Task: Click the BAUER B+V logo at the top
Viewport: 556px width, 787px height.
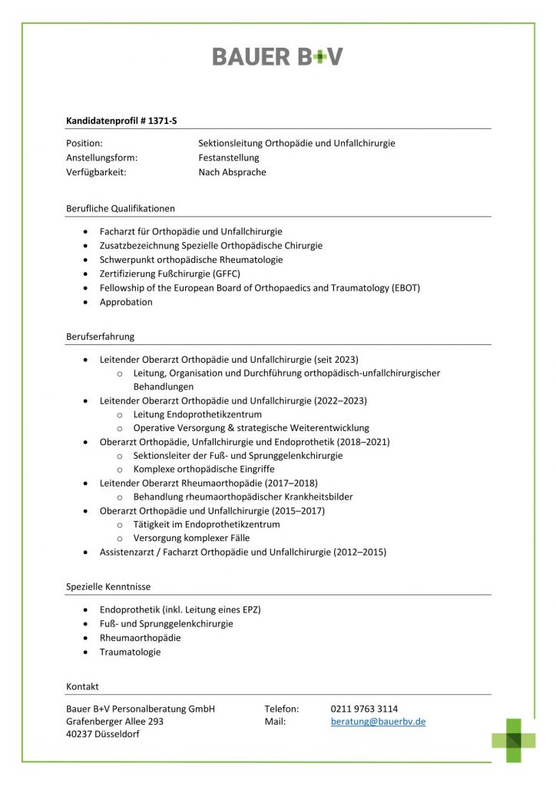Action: [277, 56]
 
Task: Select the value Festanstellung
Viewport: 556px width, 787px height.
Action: [229, 158]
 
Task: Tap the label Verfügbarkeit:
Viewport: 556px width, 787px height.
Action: [96, 172]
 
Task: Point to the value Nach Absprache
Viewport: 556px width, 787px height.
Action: [232, 172]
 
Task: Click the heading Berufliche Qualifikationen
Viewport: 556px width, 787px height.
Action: [121, 208]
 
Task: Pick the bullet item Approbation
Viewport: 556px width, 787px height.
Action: [126, 302]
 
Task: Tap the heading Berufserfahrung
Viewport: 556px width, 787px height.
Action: [101, 336]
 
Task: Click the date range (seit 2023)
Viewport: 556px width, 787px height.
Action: [336, 359]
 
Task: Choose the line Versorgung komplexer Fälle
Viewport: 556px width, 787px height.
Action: [191, 538]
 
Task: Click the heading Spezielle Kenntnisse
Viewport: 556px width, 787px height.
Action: [108, 586]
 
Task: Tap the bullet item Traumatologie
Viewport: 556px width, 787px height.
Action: [131, 652]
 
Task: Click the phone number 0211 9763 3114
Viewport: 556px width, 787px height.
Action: [364, 709]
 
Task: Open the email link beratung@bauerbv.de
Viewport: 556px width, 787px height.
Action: [378, 722]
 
